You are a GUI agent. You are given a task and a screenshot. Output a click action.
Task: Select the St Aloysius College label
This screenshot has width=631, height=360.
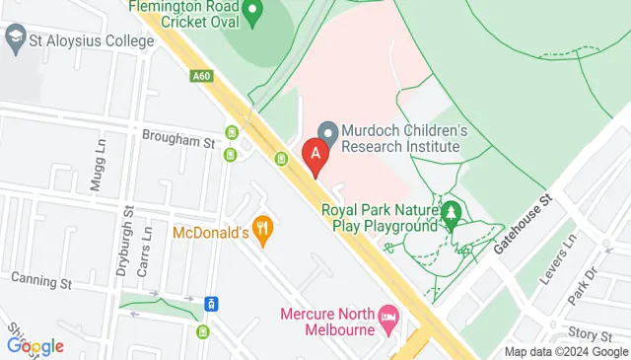(x=91, y=41)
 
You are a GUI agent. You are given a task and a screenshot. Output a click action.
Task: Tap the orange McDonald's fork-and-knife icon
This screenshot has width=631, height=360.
(x=261, y=232)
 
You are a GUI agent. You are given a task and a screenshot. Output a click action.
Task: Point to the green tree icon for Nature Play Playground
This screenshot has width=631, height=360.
(x=452, y=214)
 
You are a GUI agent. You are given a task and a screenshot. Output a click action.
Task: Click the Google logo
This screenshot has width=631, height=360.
(x=35, y=345)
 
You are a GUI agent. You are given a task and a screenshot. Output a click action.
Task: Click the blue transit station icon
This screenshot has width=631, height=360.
(x=210, y=303)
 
